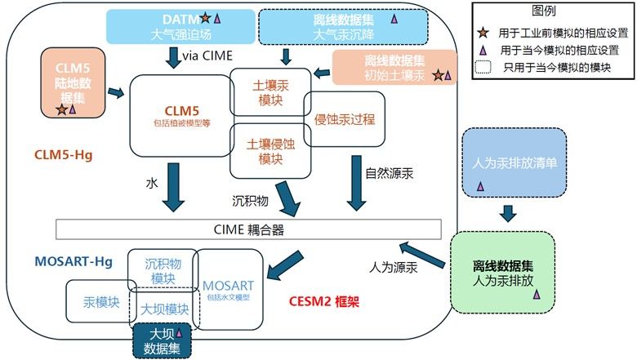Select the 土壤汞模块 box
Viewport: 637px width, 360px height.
(x=265, y=91)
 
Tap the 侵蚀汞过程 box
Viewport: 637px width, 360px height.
(x=344, y=119)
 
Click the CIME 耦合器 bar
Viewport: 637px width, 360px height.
(x=248, y=228)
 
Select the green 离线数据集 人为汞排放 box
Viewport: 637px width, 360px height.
(x=502, y=272)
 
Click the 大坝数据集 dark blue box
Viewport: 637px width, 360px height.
(x=162, y=337)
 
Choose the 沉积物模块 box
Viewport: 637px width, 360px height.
(x=163, y=270)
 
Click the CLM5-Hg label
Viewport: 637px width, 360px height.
(x=63, y=153)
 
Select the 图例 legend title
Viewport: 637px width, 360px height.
(x=544, y=11)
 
